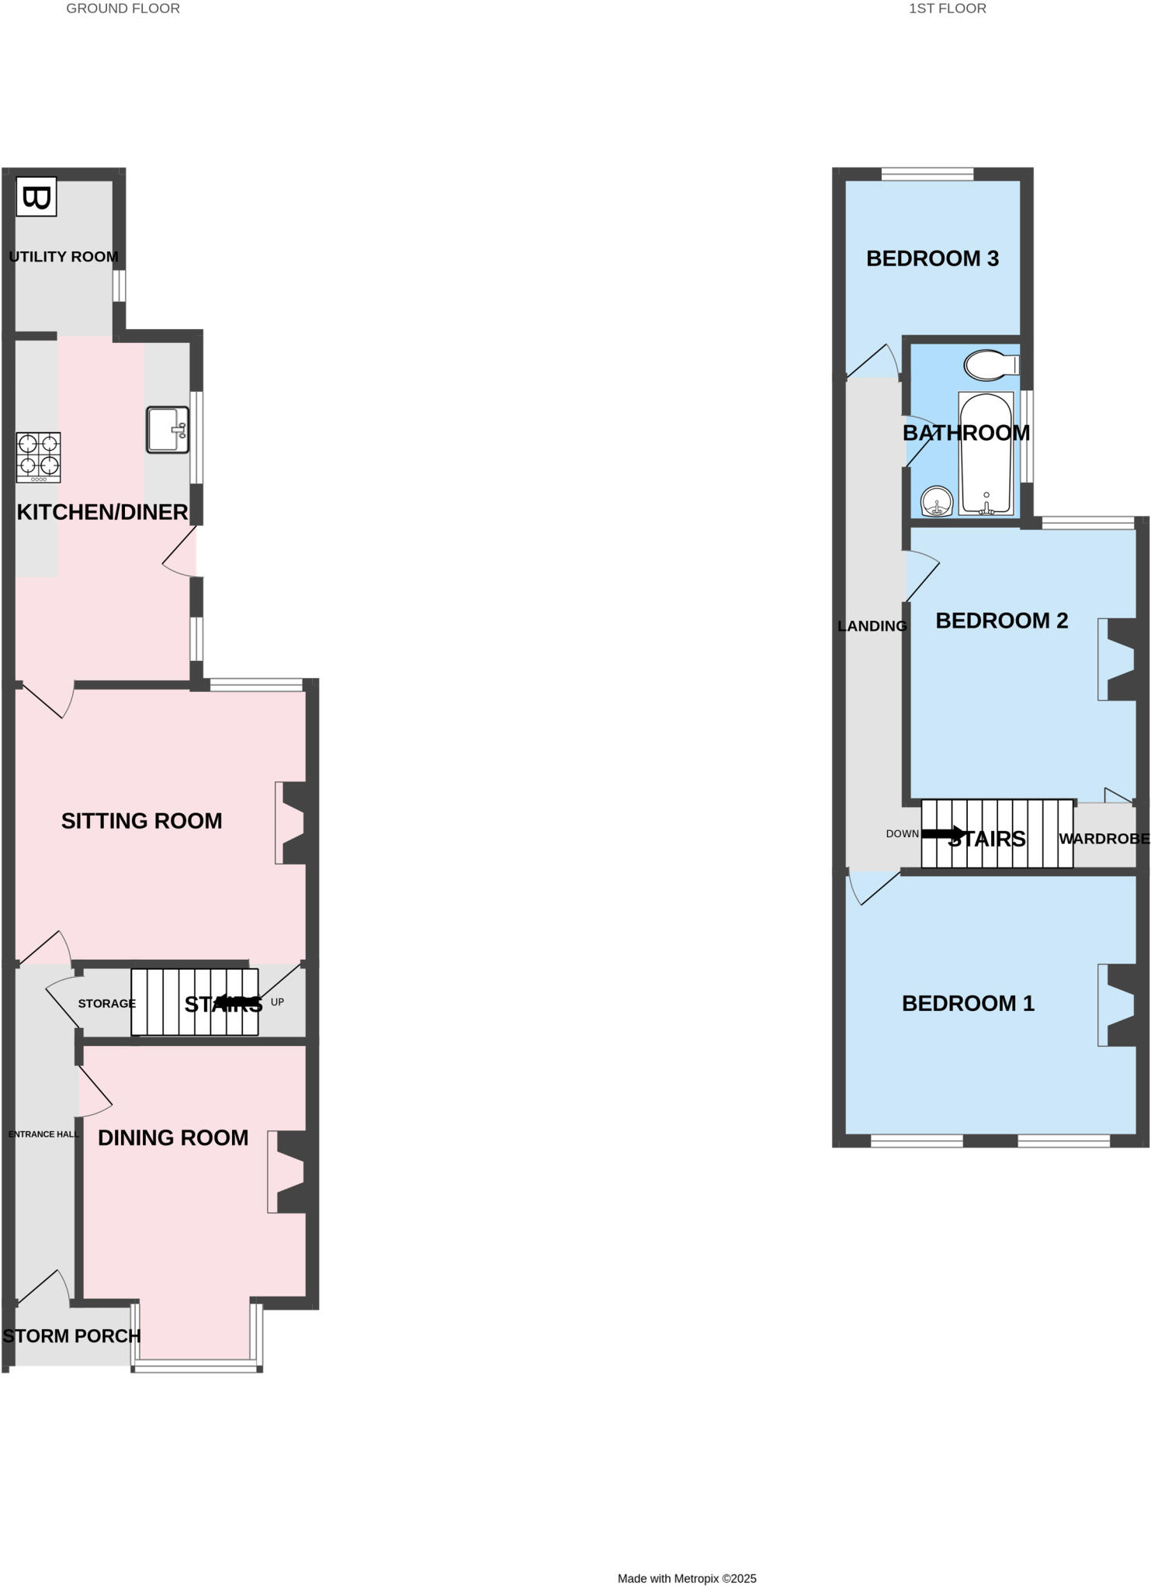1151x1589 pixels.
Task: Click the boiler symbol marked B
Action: click(x=36, y=199)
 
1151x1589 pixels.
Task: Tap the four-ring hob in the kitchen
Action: click(x=39, y=456)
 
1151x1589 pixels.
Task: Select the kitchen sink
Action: click(x=168, y=430)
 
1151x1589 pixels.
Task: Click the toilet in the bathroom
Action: click(x=991, y=365)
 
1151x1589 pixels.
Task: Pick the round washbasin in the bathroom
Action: click(x=938, y=501)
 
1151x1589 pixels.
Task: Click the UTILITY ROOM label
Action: click(x=64, y=257)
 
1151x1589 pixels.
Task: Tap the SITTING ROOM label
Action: click(x=141, y=821)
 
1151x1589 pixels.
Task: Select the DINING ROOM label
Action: click(x=173, y=1137)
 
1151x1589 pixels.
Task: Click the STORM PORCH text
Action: click(x=71, y=1336)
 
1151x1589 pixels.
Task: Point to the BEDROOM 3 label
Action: click(x=932, y=258)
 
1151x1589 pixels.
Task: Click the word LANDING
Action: click(x=872, y=626)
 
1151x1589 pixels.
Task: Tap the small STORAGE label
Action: click(x=106, y=1003)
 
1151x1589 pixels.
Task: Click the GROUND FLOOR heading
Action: click(x=123, y=9)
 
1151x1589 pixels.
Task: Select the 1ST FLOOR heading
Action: click(x=947, y=9)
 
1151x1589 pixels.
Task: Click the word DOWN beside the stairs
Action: click(x=902, y=834)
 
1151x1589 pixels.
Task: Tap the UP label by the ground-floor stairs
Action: click(x=277, y=1002)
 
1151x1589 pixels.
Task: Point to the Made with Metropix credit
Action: click(x=686, y=1578)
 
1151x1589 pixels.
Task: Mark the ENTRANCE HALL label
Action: click(x=43, y=1134)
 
